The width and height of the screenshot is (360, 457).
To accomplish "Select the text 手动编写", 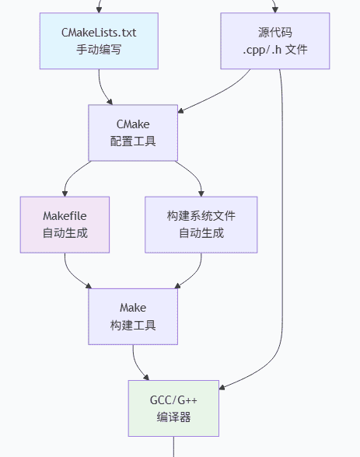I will pos(99,49).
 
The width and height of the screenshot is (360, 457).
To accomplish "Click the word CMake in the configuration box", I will pos(133,124).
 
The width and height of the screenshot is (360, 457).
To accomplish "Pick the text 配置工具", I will pos(133,141).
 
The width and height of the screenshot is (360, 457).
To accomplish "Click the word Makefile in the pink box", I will pos(65,215).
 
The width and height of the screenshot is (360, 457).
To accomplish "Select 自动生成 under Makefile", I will pos(65,232).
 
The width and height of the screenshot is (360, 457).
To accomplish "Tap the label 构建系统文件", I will pos(201,215).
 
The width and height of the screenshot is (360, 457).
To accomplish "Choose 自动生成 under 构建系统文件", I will pos(201,232).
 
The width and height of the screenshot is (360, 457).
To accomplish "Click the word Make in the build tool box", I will pos(133,308).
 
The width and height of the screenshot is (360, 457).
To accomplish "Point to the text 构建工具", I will pos(133,325).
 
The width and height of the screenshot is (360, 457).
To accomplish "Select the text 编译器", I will pos(173,417).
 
